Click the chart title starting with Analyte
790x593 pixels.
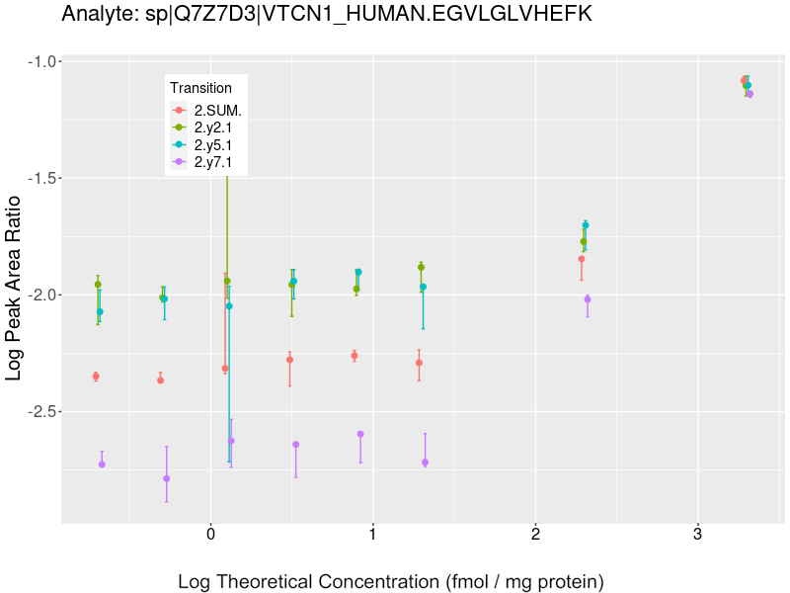point(326,14)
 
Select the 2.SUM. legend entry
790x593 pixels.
point(218,110)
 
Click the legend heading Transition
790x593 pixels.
point(200,88)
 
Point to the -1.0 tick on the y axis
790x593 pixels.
point(38,61)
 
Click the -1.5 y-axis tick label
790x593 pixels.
point(38,178)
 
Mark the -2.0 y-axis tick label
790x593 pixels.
point(38,295)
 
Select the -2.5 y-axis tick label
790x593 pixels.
point(38,411)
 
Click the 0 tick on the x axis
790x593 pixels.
point(210,536)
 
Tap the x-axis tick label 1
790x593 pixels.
point(373,536)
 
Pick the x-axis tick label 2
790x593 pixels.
point(535,536)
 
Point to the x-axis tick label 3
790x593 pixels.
point(697,536)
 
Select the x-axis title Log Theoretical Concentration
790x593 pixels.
point(390,581)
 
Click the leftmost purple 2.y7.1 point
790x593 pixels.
point(102,465)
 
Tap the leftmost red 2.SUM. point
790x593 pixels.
point(96,377)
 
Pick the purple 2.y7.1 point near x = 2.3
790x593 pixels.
point(588,299)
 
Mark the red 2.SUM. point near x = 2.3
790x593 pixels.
point(582,259)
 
